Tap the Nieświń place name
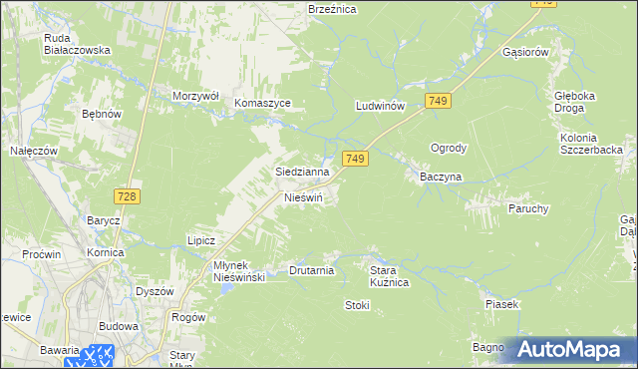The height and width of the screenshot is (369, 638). click(303, 197)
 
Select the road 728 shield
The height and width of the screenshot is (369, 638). click(126, 197)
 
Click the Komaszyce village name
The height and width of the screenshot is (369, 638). click(262, 103)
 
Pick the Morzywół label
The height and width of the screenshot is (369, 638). click(195, 96)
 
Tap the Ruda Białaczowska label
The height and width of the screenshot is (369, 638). click(77, 45)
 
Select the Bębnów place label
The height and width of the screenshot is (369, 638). click(102, 115)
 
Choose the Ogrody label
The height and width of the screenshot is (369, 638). click(448, 148)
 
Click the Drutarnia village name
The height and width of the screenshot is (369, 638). click(311, 270)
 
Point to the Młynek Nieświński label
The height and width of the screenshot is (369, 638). click(225, 271)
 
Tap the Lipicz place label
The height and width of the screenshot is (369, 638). click(201, 240)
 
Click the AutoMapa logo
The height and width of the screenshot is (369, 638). click(571, 350)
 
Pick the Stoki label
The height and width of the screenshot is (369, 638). click(357, 305)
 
